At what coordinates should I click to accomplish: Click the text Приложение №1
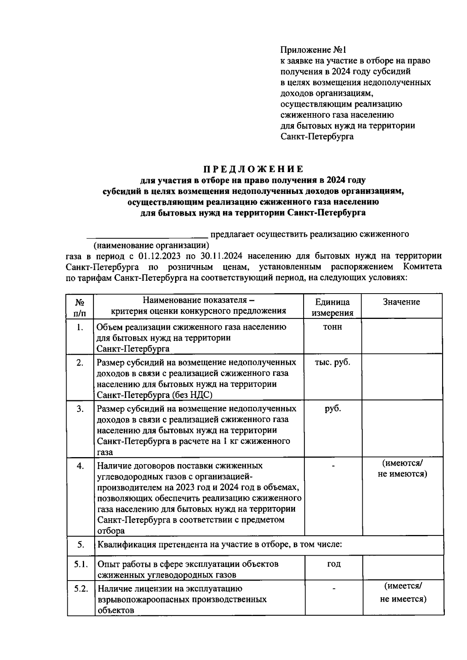coord(313,50)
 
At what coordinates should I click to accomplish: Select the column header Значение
coord(401,302)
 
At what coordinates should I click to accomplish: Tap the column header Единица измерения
coord(332,307)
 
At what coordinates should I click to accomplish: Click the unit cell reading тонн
coord(332,327)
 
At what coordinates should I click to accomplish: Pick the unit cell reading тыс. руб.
coord(332,363)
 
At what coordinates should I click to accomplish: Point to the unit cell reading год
coord(334,564)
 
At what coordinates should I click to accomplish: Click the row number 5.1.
coord(81,564)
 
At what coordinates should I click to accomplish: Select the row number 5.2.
coord(81,588)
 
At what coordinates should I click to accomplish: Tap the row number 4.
coord(80,466)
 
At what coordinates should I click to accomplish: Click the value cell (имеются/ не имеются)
coord(402,468)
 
